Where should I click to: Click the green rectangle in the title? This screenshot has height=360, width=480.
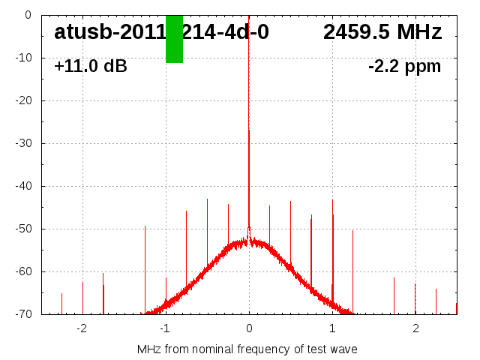click(174, 39)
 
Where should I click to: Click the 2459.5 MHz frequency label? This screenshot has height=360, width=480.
click(382, 32)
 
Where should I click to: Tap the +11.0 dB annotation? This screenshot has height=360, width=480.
click(91, 67)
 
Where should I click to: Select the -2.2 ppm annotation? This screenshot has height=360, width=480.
click(404, 67)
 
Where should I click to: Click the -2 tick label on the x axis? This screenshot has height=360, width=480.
click(82, 328)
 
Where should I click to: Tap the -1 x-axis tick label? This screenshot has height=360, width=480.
click(165, 328)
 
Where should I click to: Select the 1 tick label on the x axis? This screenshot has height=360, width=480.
click(332, 328)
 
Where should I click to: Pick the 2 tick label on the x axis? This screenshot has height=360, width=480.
click(415, 328)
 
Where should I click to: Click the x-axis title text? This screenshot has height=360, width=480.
click(247, 349)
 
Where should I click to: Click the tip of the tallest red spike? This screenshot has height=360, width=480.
click(249, 130)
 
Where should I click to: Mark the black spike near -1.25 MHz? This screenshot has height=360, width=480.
click(145, 226)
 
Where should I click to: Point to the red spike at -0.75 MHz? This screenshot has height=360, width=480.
click(186, 212)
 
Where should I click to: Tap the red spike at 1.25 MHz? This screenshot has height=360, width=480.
click(352, 231)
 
